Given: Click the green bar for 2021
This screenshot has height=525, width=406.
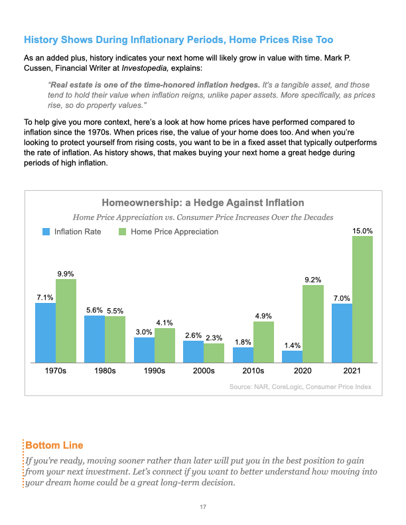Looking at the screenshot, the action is pyautogui.click(x=362, y=300).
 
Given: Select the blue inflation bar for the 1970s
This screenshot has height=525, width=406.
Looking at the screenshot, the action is pyautogui.click(x=46, y=333).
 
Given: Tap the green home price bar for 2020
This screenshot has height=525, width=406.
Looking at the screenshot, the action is pyautogui.click(x=313, y=323).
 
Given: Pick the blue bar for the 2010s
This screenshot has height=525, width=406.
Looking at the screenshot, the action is pyautogui.click(x=243, y=355).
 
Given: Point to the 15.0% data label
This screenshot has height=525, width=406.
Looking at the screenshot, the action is pyautogui.click(x=362, y=231).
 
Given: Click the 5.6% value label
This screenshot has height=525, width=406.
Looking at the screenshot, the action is pyautogui.click(x=94, y=310).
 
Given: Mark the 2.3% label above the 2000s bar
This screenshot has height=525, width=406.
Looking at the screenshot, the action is pyautogui.click(x=214, y=338).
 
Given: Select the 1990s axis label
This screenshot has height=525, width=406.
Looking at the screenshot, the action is pyautogui.click(x=155, y=371).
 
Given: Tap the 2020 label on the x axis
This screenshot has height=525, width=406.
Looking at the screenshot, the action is pyautogui.click(x=303, y=371).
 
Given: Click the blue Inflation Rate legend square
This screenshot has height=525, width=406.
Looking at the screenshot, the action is pyautogui.click(x=46, y=232).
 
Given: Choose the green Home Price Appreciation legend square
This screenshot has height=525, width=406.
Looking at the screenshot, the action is pyautogui.click(x=122, y=232).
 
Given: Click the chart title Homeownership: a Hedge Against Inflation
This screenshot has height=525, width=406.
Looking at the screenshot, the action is pyautogui.click(x=203, y=203).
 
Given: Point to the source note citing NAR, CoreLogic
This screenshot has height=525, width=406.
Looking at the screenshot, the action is pyautogui.click(x=301, y=386).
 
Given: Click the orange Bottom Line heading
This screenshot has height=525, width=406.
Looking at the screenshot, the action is pyautogui.click(x=54, y=445).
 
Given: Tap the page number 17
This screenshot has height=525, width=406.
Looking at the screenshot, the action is pyautogui.click(x=203, y=507).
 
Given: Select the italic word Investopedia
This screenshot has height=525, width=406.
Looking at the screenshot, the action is pyautogui.click(x=145, y=68).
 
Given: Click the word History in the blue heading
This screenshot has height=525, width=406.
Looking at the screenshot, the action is pyautogui.click(x=41, y=40).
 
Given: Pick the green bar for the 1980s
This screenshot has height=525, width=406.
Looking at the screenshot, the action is pyautogui.click(x=115, y=339).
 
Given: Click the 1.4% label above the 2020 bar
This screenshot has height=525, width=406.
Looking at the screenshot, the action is pyautogui.click(x=293, y=345).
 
